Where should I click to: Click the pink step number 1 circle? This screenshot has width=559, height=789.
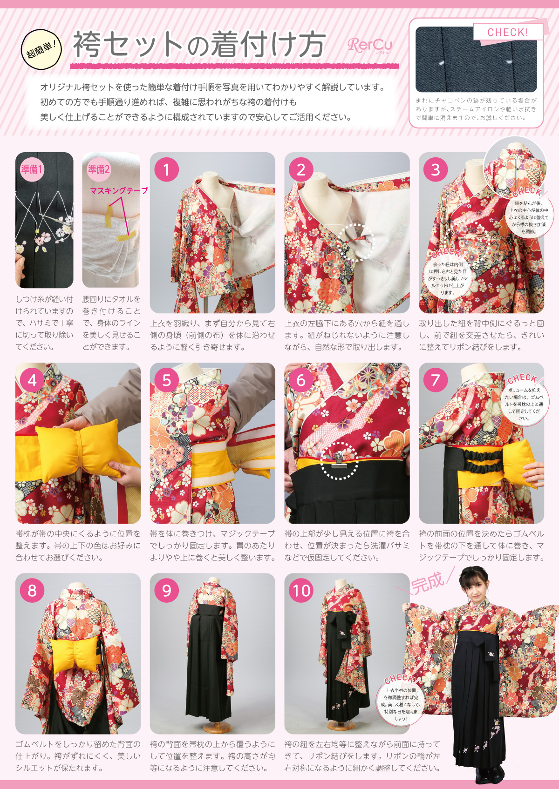point(167,169)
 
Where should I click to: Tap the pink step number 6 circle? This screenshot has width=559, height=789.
point(301,380)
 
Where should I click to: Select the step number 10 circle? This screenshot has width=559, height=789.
point(301,591)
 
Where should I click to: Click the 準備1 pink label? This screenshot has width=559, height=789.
point(32,169)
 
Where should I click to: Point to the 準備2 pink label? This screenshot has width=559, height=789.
point(99,169)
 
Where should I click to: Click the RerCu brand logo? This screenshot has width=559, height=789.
point(370,45)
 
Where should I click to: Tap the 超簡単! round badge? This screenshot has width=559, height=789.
point(41,49)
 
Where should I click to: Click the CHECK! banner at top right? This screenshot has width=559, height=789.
point(508,33)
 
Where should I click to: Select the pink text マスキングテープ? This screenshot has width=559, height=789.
point(119,190)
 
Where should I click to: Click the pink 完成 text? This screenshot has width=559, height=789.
point(427,582)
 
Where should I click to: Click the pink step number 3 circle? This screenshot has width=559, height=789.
point(436,169)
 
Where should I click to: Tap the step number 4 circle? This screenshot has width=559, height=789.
point(32,380)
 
